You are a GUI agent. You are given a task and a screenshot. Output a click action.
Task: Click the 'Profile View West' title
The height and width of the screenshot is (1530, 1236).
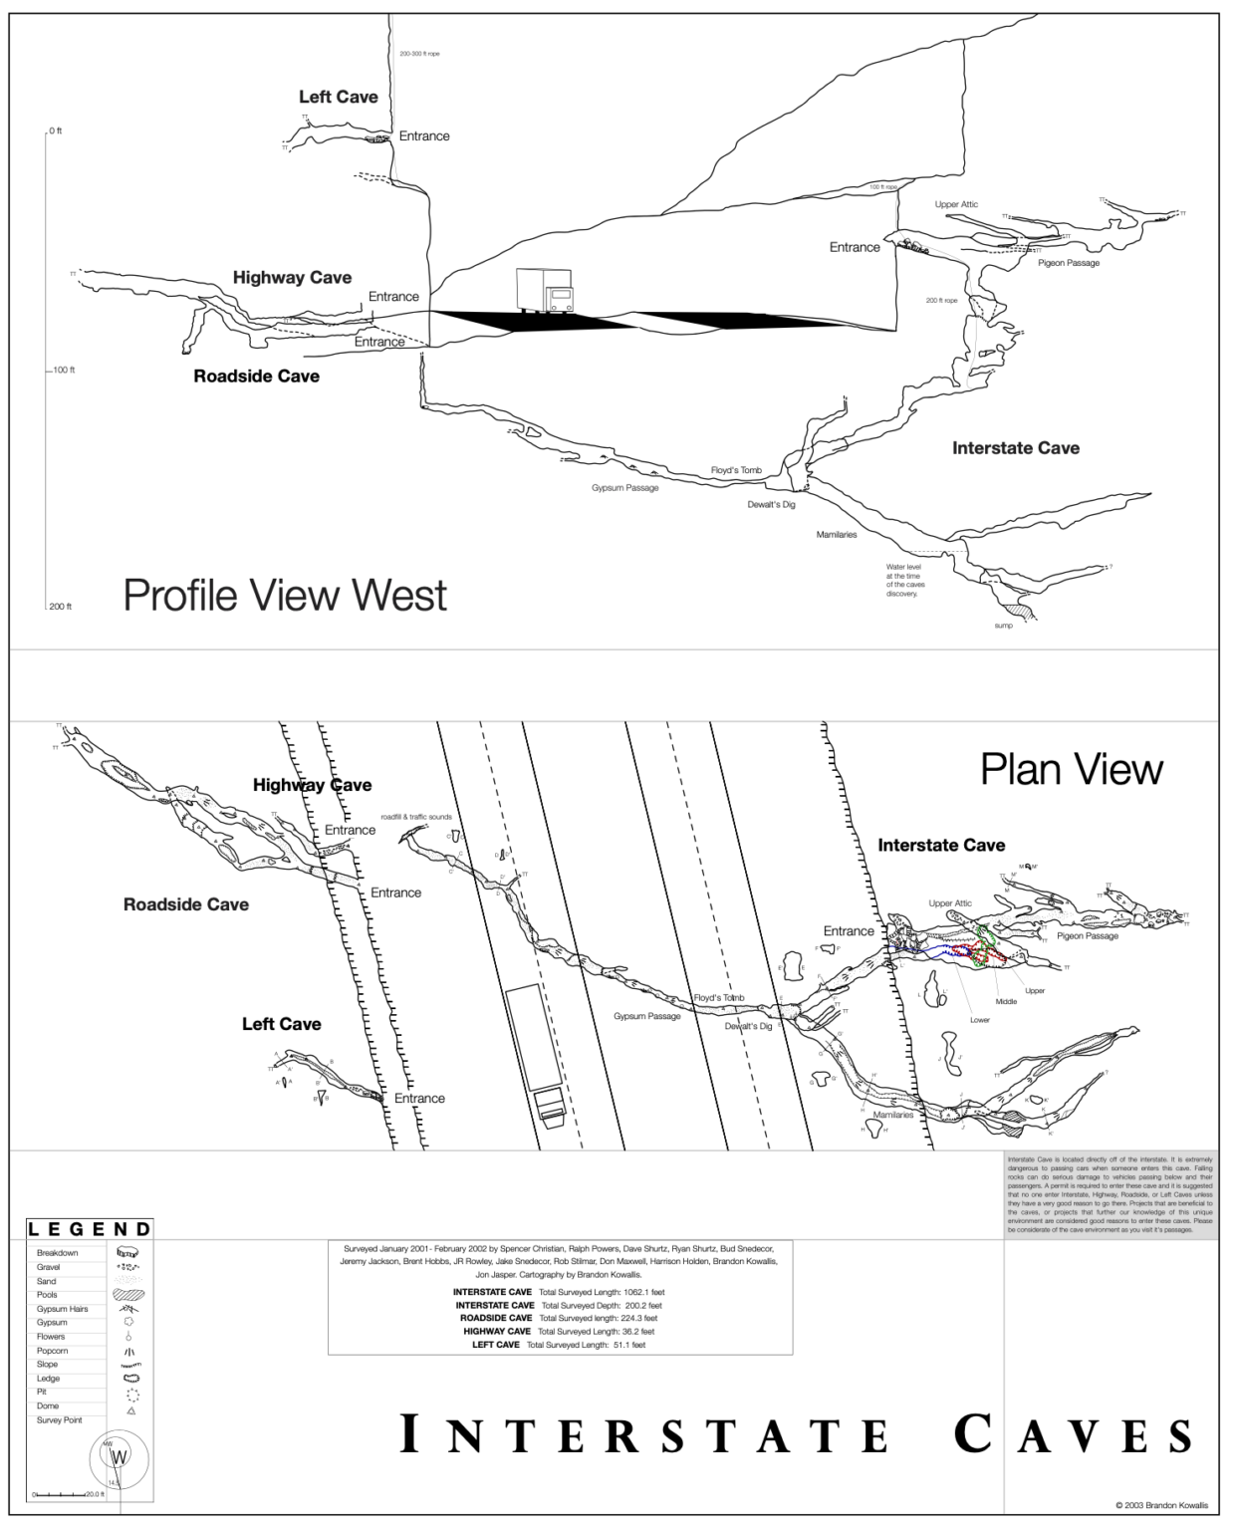click(x=285, y=596)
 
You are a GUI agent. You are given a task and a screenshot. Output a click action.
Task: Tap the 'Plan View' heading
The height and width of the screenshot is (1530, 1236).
click(x=1071, y=769)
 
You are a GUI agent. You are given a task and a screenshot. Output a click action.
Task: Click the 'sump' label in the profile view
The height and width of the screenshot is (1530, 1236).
click(x=1003, y=626)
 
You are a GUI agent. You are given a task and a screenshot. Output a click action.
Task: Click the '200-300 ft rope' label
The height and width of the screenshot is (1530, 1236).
click(x=419, y=54)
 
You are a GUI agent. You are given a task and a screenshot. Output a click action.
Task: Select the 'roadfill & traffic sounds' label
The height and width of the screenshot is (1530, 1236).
click(x=416, y=817)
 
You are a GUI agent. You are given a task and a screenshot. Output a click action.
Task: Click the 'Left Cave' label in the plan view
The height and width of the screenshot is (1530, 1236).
click(x=281, y=1024)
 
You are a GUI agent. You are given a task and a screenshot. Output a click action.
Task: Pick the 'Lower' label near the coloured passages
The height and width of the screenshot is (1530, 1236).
click(x=980, y=1020)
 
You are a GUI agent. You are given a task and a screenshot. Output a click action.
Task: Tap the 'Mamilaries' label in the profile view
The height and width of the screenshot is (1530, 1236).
click(x=837, y=535)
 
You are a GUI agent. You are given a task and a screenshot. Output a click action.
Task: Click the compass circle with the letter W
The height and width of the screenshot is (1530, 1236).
click(x=120, y=1457)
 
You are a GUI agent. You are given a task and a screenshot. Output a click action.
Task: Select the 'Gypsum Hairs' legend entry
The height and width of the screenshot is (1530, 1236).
click(x=63, y=1309)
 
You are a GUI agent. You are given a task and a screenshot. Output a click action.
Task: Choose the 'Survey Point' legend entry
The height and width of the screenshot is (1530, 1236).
click(x=60, y=1419)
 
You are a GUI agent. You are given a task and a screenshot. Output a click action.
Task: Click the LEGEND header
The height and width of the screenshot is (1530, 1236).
click(x=90, y=1229)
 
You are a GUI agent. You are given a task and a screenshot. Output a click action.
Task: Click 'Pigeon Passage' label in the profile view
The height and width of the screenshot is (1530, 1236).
click(x=1069, y=263)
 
